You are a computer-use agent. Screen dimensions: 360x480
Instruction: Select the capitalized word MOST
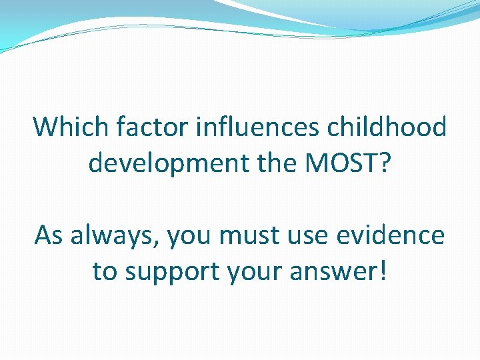(333, 162)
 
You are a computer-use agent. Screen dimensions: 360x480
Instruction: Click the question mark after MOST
(385, 162)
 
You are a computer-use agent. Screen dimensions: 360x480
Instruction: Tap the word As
(49, 235)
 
